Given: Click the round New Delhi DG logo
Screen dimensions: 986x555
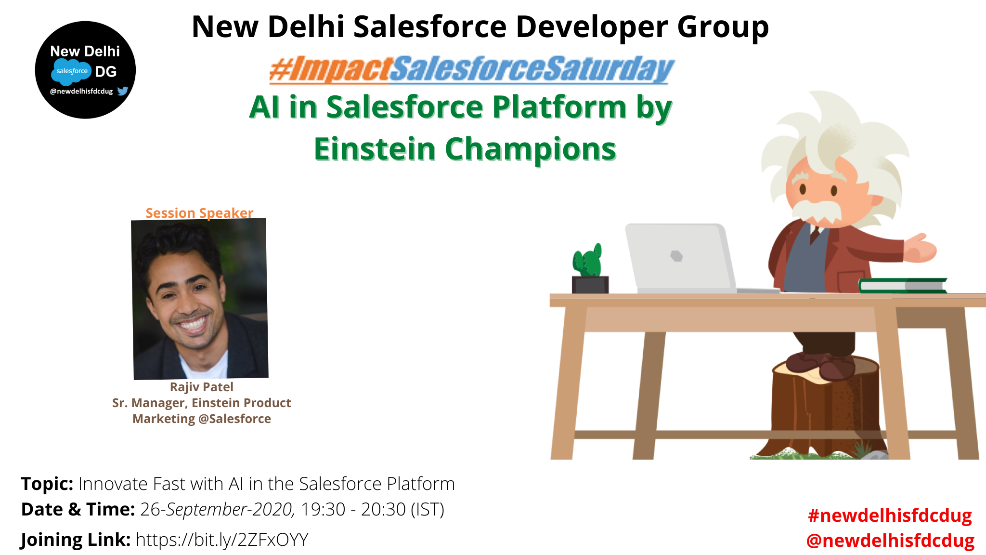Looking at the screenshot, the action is click(85, 70).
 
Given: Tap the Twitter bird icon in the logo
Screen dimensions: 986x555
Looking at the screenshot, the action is click(123, 91).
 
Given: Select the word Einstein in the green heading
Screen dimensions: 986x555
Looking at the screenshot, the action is click(375, 149).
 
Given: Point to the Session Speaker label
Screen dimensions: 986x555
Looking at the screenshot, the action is click(199, 213).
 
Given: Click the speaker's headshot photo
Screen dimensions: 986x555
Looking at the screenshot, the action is click(200, 299).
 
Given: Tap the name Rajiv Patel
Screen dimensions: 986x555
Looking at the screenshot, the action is click(201, 387).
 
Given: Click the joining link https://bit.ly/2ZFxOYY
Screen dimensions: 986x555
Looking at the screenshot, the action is click(222, 540).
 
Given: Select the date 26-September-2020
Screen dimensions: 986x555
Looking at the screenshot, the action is click(216, 509).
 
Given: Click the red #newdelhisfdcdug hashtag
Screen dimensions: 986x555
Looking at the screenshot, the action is click(890, 515).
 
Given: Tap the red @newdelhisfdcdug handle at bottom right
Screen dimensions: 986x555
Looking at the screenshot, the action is click(891, 541).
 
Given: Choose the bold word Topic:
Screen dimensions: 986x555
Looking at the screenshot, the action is click(47, 484).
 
